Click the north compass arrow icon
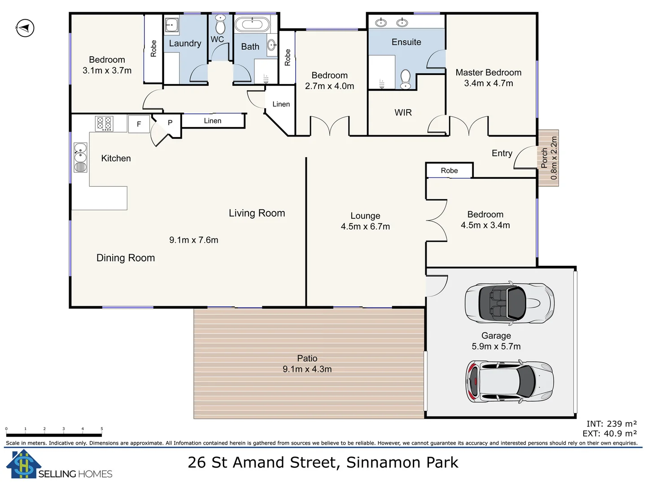point(25,28)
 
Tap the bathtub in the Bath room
point(252,24)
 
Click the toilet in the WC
point(220,25)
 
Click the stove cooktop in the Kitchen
point(104,123)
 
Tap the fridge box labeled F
point(139,124)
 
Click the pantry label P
point(170,123)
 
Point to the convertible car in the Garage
point(509,304)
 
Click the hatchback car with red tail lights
point(509,382)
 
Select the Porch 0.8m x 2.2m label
point(549,158)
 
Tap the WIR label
point(403,113)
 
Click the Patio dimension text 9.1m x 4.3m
point(307,369)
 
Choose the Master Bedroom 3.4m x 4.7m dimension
point(488,83)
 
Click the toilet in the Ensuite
point(406,79)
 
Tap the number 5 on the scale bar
point(102,429)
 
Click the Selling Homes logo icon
point(22,464)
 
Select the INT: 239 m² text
point(611,424)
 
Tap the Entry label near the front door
point(502,153)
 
